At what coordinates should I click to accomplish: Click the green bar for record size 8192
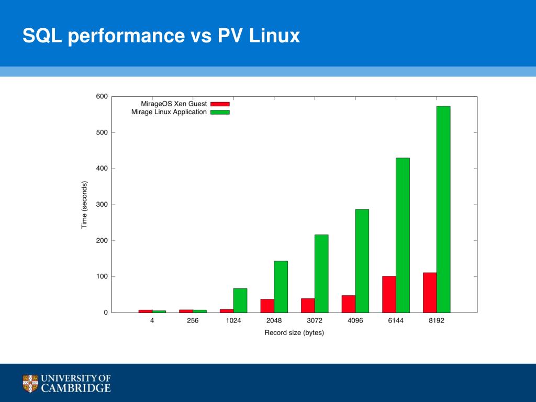click(443, 209)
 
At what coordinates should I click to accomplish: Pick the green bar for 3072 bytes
click(321, 273)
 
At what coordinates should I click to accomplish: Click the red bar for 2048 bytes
click(267, 306)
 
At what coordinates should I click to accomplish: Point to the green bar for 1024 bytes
click(240, 300)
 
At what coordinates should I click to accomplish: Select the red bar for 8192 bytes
click(430, 293)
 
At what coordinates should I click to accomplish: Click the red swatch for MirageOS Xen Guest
click(220, 104)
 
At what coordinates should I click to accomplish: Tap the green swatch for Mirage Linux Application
click(220, 112)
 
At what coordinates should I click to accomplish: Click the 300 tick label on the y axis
click(102, 205)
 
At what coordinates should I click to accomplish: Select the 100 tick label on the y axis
click(102, 276)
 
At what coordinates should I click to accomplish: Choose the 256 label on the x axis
click(193, 321)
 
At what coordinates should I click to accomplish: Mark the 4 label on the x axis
click(152, 321)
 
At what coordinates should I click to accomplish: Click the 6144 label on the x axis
click(396, 321)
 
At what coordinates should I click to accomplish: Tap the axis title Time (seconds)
click(84, 205)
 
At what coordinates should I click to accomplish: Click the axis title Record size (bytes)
click(294, 333)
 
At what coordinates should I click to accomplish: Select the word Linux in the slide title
click(274, 36)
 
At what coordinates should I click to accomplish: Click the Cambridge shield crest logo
click(30, 383)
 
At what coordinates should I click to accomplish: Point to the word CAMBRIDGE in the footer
click(76, 388)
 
